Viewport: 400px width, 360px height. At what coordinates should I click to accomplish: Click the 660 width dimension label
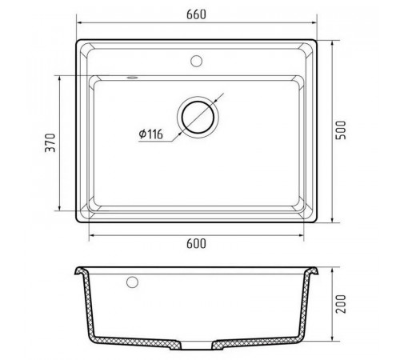coord(196,14)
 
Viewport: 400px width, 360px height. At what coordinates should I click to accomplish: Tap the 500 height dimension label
coord(341,130)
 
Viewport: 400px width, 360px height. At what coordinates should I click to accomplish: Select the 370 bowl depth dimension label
coord(50,142)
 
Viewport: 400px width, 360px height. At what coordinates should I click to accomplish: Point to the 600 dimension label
coord(196,244)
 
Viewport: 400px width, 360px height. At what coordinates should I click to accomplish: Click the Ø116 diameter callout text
coord(150,134)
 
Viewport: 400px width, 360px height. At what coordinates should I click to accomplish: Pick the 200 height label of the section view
coord(341,304)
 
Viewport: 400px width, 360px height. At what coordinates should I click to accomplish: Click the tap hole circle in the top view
coord(196,61)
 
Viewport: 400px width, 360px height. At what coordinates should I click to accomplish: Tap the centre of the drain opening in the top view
coord(198,118)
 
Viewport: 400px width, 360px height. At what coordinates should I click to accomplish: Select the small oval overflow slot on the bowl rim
coord(132,78)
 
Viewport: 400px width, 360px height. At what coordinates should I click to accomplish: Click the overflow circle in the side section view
coord(132,282)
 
